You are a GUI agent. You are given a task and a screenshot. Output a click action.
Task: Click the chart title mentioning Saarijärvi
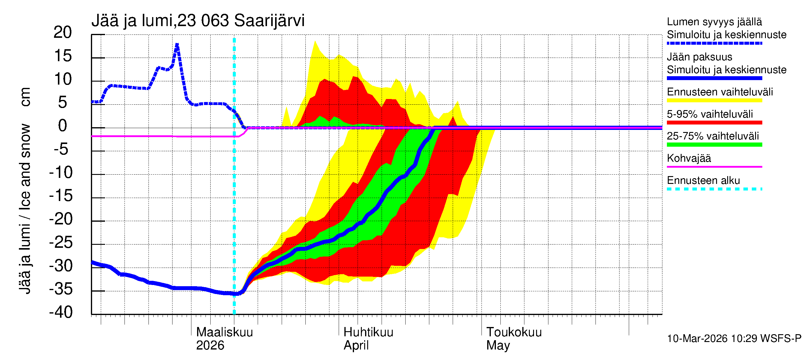198,21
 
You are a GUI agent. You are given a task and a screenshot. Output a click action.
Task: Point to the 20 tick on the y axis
63,32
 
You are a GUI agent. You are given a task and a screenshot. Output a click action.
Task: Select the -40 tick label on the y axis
61,312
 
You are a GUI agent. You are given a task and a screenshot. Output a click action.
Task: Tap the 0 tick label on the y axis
63,126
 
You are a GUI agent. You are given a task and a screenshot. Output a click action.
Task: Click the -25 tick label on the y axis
61,242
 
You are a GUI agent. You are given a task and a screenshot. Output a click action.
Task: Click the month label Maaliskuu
224,332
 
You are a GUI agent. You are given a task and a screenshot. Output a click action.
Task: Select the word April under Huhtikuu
356,346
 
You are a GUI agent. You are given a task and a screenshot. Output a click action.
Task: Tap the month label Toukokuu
514,332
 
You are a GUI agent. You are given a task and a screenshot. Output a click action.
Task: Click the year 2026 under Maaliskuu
210,346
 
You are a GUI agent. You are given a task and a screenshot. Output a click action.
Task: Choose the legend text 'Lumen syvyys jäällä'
714,22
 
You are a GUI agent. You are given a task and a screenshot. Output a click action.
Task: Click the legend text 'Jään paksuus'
700,57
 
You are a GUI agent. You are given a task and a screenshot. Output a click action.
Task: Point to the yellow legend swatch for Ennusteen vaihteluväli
714,100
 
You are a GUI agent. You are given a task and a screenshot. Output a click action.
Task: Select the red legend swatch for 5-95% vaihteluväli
714,123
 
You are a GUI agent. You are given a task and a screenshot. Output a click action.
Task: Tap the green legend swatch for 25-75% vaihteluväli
714,145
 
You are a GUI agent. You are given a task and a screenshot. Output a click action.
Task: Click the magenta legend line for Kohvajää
714,166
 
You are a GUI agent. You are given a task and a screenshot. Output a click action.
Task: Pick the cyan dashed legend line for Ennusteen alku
714,189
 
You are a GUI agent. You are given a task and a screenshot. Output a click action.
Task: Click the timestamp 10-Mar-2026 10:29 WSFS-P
734,339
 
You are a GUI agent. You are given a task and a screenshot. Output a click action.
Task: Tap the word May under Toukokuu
498,346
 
